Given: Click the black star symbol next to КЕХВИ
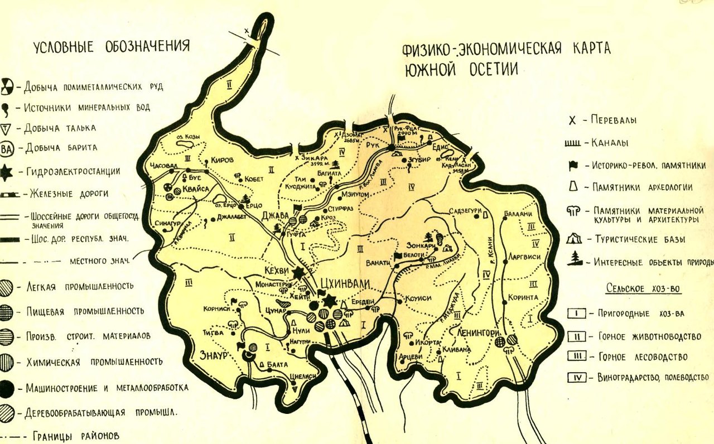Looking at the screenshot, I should (298, 273).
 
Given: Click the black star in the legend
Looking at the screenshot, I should (6, 172).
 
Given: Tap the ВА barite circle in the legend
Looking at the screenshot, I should (7, 148).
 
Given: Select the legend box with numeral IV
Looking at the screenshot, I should (577, 378).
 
